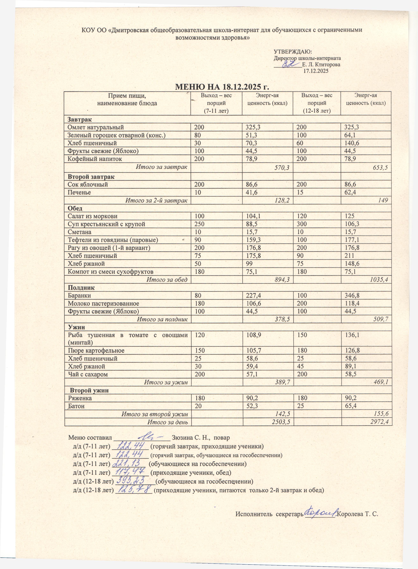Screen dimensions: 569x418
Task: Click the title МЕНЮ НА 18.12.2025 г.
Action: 222,87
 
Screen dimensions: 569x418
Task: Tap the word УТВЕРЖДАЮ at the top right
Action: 292,52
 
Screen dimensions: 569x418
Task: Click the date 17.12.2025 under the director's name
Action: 316,71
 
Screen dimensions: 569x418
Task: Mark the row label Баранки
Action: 79,295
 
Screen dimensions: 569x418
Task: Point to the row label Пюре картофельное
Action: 96,350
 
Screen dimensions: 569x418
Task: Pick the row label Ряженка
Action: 80,398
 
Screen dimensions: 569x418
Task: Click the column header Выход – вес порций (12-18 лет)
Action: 317,103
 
